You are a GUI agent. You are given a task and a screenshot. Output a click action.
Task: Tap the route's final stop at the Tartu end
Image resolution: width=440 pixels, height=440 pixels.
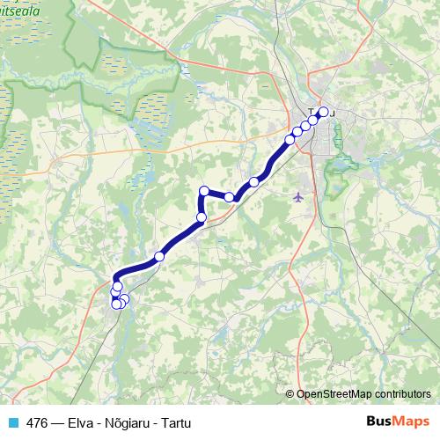point(323,112)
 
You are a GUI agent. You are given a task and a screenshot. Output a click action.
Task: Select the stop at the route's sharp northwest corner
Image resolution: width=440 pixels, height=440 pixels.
point(204,191)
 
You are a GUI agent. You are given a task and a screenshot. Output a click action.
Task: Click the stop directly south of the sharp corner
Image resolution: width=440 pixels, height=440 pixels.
point(201,217)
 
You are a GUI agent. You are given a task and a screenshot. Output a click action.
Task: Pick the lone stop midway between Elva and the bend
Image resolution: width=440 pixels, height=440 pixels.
point(159,256)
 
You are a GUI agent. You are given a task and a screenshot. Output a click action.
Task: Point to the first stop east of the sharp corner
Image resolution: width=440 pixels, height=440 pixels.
point(229,197)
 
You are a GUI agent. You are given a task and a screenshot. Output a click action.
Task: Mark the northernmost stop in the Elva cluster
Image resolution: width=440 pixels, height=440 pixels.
point(117,287)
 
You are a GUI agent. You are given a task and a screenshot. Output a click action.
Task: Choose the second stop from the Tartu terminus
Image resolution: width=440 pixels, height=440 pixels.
point(314,120)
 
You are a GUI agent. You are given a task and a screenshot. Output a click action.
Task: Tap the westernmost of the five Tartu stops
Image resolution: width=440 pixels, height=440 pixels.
point(290,140)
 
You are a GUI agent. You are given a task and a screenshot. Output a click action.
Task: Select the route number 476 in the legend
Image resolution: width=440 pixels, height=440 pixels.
point(37,422)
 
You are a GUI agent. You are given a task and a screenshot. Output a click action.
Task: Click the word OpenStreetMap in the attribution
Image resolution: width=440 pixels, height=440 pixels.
point(337,395)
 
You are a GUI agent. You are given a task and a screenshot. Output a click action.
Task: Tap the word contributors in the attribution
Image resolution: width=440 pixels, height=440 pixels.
point(403,395)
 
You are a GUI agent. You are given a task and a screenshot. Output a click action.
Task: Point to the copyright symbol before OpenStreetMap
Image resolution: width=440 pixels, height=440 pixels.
point(290,395)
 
